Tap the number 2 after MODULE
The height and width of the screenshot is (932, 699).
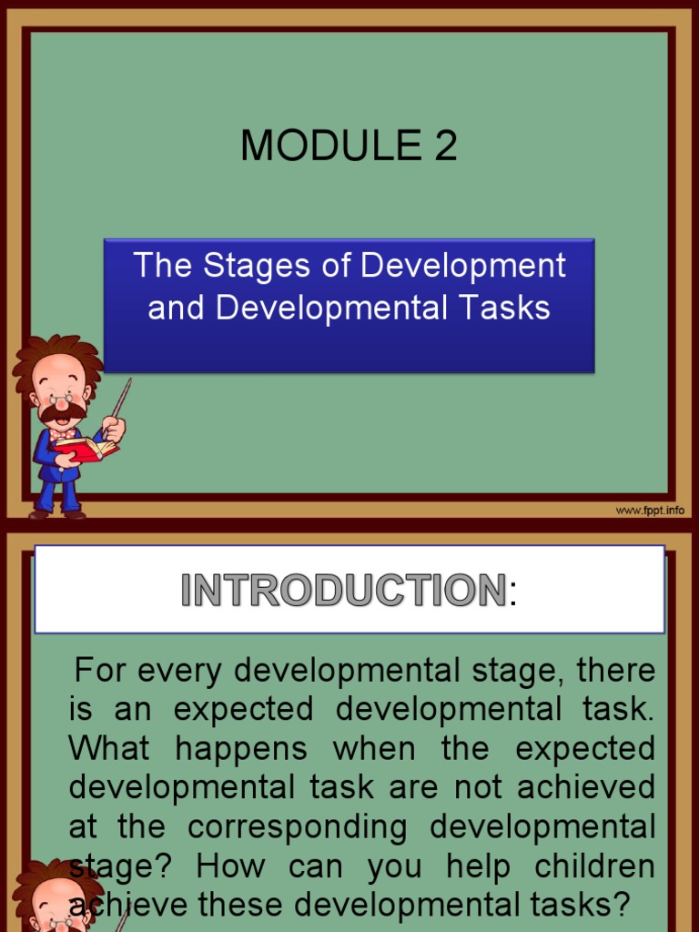point(445,146)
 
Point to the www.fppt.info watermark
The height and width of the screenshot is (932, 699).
point(650,511)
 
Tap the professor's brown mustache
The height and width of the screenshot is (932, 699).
point(62,411)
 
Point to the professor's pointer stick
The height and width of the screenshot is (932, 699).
point(122,399)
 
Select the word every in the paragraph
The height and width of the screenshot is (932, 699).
point(184,672)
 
